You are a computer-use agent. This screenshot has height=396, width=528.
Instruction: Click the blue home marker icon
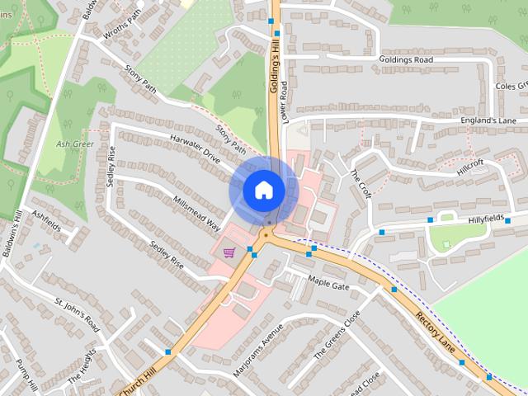pyautogui.click(x=263, y=190)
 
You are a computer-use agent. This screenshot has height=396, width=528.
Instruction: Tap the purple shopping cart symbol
pyautogui.click(x=229, y=252)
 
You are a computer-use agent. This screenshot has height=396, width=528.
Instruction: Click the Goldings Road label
pyautogui.click(x=406, y=60)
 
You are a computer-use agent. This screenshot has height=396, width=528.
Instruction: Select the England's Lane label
pyautogui.click(x=488, y=121)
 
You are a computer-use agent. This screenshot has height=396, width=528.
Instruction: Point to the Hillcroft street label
pyautogui.click(x=472, y=167)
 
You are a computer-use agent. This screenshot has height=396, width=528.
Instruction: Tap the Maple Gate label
pyautogui.click(x=329, y=285)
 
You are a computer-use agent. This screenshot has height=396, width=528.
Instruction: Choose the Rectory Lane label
pyautogui.click(x=435, y=329)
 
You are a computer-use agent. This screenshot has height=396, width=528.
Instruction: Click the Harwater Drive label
pyautogui.click(x=196, y=146)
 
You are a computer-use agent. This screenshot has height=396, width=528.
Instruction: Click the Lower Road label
pyautogui.click(x=284, y=99)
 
